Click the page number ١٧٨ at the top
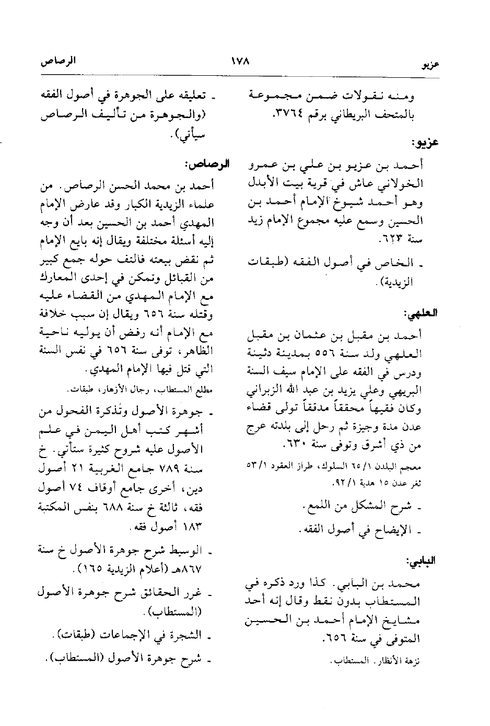(241, 61)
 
